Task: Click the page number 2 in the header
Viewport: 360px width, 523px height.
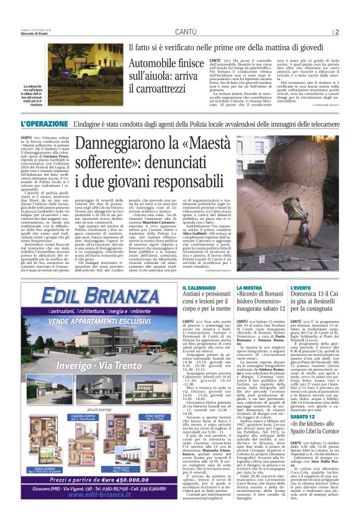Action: [336, 32]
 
